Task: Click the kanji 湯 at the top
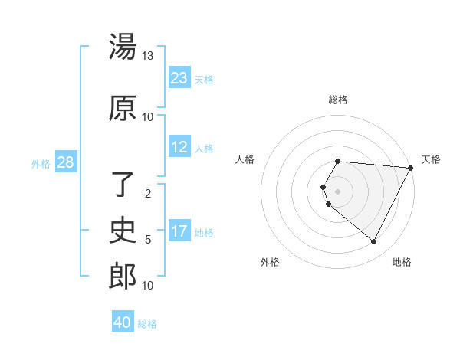point(123,47)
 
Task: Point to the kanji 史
point(123,229)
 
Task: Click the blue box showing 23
point(179,78)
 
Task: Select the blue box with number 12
point(179,148)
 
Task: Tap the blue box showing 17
point(179,232)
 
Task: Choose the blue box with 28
point(65,162)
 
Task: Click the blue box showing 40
point(123,322)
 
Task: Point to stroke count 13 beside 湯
point(148,56)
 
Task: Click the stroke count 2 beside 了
point(148,194)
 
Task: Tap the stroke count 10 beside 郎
point(148,286)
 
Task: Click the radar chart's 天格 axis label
point(431,159)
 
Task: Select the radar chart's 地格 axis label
point(402,262)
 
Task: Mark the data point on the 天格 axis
point(411,167)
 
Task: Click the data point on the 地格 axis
point(374,242)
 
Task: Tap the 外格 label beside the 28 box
point(40,163)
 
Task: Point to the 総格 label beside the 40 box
point(147,323)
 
